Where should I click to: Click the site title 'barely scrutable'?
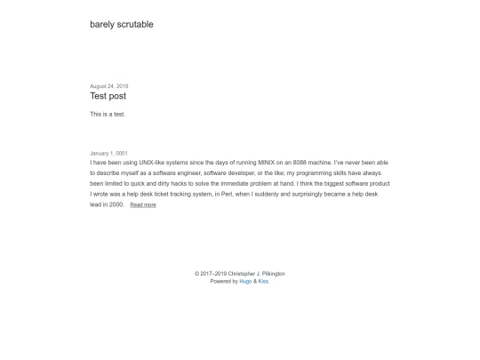pyautogui.click(x=121, y=25)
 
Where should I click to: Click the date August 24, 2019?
pyautogui.click(x=108, y=86)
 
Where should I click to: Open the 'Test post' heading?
pyautogui.click(x=108, y=96)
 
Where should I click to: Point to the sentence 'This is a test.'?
pyautogui.click(x=108, y=115)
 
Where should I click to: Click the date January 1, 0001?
pyautogui.click(x=108, y=154)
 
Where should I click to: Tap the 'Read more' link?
pyautogui.click(x=142, y=205)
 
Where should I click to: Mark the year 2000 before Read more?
pyautogui.click(x=116, y=204)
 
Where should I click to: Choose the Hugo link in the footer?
pyautogui.click(x=245, y=281)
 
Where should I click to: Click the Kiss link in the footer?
pyautogui.click(x=263, y=281)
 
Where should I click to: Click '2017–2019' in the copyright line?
pyautogui.click(x=213, y=274)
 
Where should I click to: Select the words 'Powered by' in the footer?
pyautogui.click(x=224, y=281)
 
